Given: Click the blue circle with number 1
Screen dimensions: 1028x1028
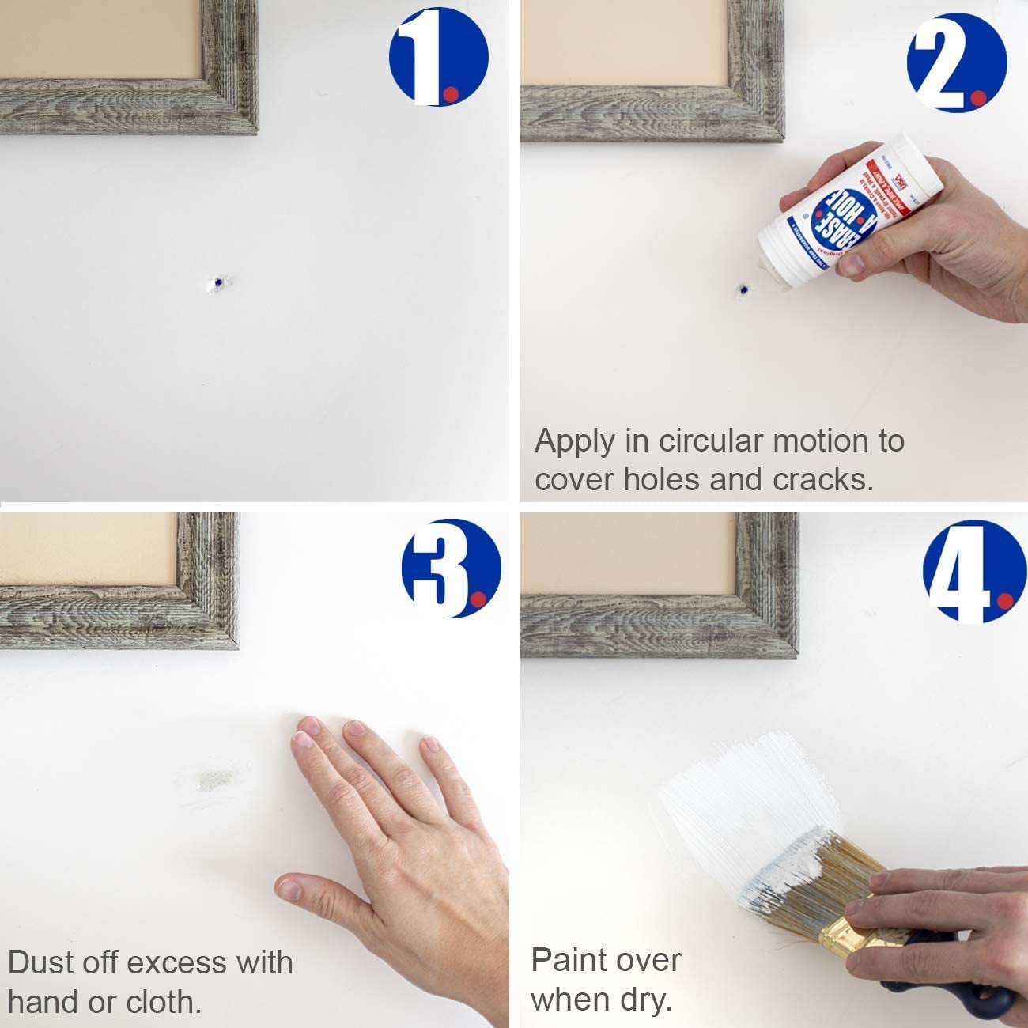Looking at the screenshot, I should (438, 57).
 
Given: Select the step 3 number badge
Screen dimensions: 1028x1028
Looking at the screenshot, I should (451, 568).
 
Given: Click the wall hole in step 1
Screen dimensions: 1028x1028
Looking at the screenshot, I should (216, 283).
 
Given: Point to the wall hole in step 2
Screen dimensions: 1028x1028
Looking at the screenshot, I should (742, 291).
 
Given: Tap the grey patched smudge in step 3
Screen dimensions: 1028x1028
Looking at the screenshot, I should (215, 780).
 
